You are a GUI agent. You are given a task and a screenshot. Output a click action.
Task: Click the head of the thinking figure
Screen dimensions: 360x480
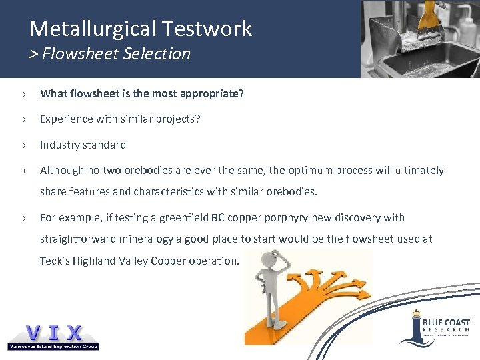pyautogui.click(x=270, y=257)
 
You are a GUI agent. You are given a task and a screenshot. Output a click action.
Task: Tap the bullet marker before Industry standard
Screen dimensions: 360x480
pyautogui.click(x=23, y=145)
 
